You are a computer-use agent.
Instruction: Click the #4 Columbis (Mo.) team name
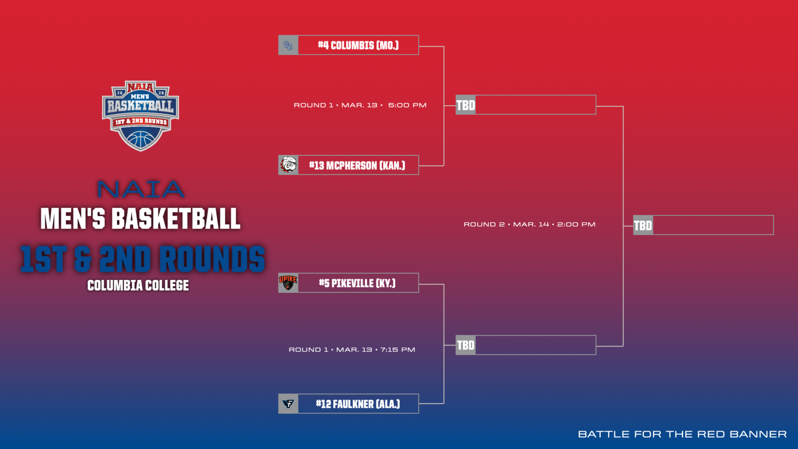coord(358,45)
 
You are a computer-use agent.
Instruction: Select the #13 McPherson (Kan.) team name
coord(357,165)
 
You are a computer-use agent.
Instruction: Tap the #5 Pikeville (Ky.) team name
coord(357,283)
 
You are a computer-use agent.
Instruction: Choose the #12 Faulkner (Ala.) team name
coord(358,404)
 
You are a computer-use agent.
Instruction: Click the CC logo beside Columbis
coord(288,45)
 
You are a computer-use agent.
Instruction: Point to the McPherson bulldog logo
coord(288,165)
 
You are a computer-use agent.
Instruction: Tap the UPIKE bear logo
coord(288,283)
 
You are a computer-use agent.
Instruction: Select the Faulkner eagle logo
coord(288,404)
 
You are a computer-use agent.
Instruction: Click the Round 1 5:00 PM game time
coord(360,105)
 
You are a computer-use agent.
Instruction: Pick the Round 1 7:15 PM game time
coord(352,350)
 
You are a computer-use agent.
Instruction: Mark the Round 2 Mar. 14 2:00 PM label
coord(529,224)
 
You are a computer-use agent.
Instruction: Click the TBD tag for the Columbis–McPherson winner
coord(466,105)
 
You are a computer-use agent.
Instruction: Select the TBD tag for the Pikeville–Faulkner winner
coord(466,345)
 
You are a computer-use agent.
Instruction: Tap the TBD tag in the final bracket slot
coord(643,225)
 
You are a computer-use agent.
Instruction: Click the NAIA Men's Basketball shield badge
coord(140,116)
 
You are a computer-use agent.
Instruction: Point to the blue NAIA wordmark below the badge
coord(140,189)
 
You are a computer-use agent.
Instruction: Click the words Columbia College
coord(138,285)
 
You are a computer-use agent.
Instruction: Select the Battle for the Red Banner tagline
coord(682,434)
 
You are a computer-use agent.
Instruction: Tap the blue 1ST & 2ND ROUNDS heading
coord(142,259)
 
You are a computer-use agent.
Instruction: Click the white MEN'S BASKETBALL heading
coord(140,219)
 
